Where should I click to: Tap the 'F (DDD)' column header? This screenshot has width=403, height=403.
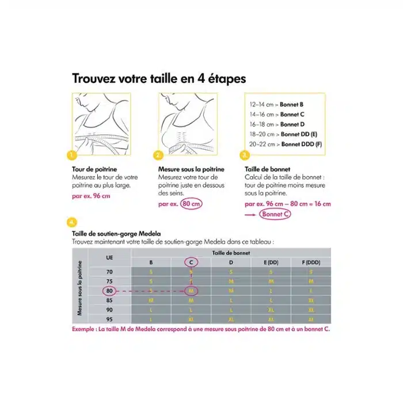click(x=310, y=263)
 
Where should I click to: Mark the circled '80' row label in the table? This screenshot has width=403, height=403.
click(x=109, y=291)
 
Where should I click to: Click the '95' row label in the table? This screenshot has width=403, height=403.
click(x=109, y=319)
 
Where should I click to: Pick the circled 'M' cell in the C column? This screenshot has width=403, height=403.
click(x=191, y=291)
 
